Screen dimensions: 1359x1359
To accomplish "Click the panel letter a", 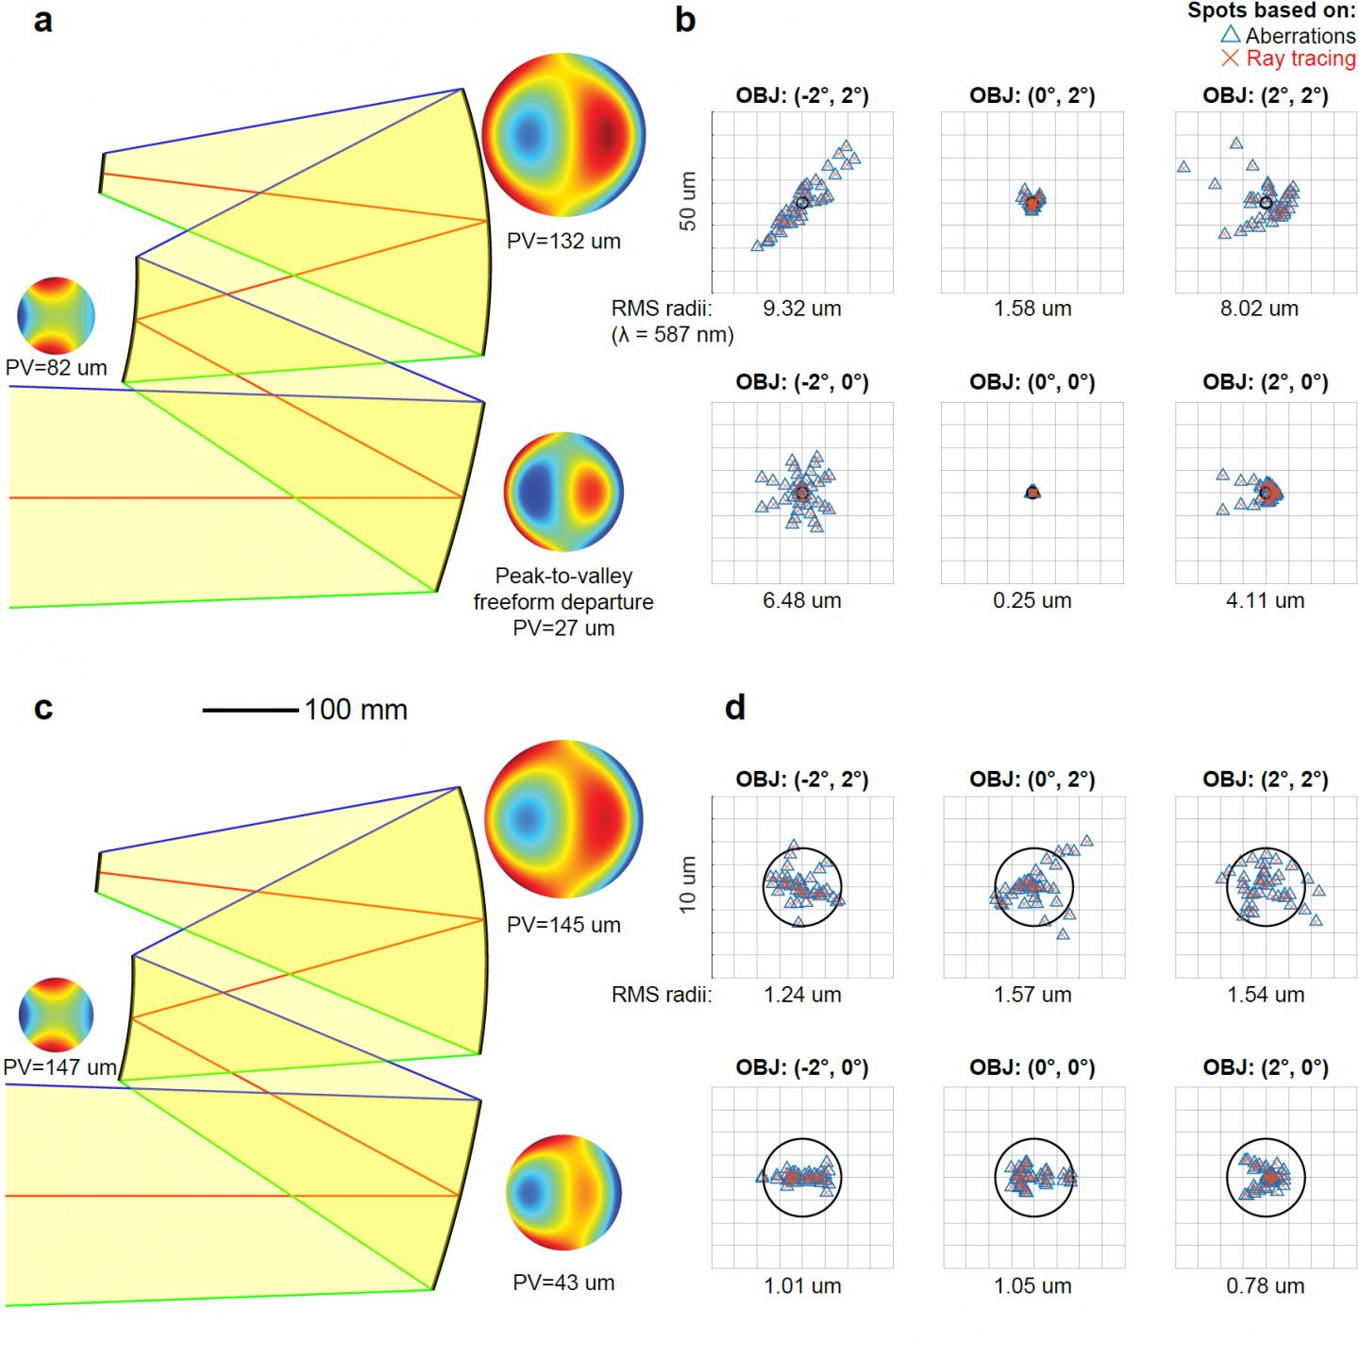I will click(42, 21).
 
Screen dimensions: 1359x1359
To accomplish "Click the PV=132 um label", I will click(563, 241).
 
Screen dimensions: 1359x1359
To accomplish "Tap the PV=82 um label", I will click(57, 368).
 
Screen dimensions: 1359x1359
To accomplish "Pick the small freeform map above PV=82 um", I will click(57, 315).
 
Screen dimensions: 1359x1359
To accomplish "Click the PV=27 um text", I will click(563, 628).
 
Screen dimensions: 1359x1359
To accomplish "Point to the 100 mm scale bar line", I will click(251, 710).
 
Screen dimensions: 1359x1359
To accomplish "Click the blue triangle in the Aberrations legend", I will click(1231, 35).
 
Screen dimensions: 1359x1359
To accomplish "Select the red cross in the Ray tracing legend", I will click(1231, 59).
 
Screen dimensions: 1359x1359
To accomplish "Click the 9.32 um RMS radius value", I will click(802, 309).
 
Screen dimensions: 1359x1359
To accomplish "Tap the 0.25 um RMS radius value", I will click(1032, 600).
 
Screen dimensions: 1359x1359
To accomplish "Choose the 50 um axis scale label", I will click(688, 201).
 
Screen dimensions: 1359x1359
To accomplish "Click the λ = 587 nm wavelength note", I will click(672, 334).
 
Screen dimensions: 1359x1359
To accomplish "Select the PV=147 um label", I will click(59, 1067).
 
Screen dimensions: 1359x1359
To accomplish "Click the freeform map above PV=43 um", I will click(563, 1192).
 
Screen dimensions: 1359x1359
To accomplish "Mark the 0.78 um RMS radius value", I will click(1265, 1285).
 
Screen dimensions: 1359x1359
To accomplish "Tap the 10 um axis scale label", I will click(688, 884).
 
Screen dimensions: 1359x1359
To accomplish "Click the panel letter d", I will click(735, 708).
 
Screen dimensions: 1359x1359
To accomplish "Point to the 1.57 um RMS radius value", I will click(1032, 994).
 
